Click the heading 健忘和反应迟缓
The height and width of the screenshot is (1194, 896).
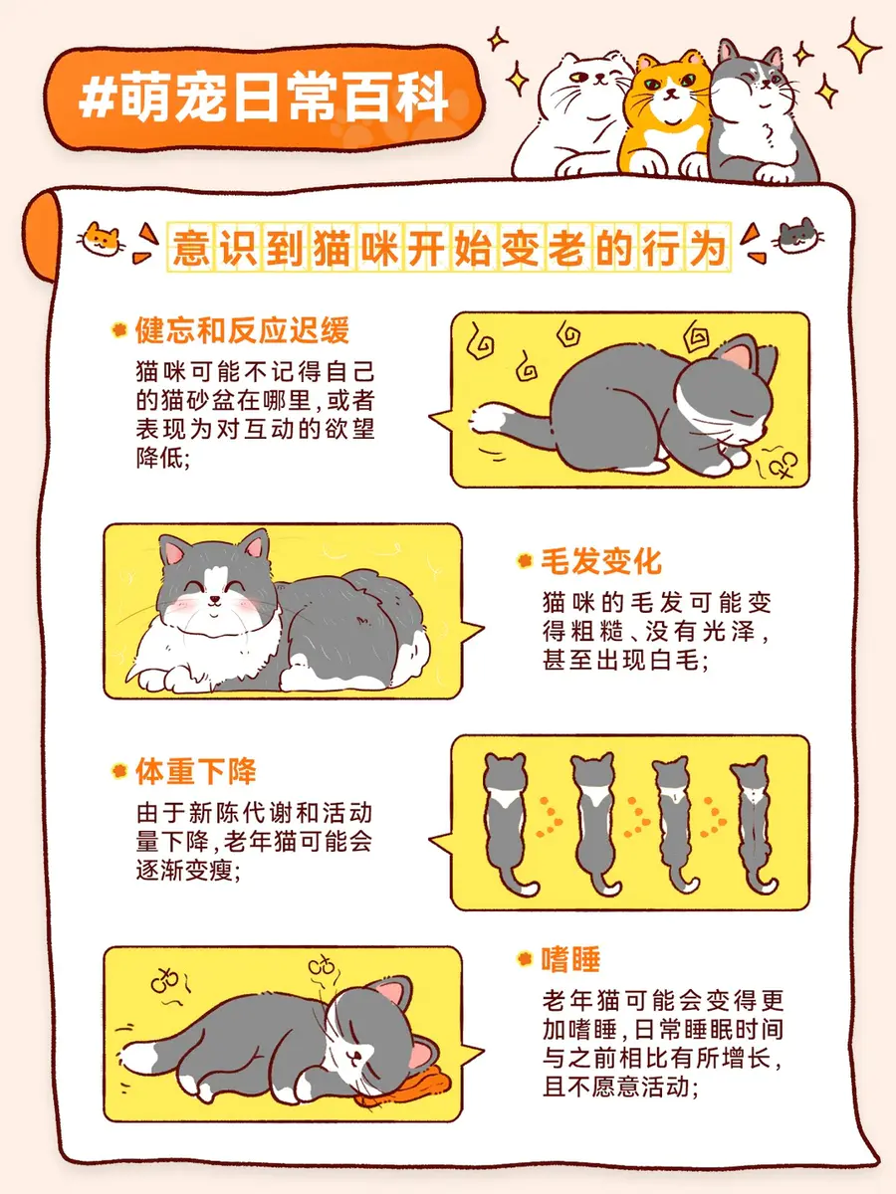(x=242, y=330)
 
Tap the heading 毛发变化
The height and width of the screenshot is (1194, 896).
(x=601, y=561)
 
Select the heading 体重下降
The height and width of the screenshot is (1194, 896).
(x=195, y=771)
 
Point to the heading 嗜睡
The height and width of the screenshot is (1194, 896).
(x=570, y=959)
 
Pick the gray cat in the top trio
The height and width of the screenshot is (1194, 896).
(x=762, y=114)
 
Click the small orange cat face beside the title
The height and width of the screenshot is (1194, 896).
(x=102, y=240)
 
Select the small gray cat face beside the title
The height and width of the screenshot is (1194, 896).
(x=798, y=236)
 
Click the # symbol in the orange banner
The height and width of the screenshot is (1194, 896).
(x=97, y=99)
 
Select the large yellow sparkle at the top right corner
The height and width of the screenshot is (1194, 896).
(x=858, y=46)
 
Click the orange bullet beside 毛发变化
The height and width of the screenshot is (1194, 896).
(x=525, y=561)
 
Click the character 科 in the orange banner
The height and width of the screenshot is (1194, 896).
(x=423, y=98)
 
